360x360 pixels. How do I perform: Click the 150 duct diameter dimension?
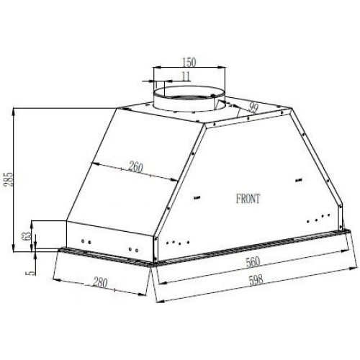[189, 62]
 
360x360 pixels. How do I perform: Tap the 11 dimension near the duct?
[186, 76]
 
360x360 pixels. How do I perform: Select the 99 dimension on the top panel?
[253, 108]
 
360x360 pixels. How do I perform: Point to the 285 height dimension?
[9, 179]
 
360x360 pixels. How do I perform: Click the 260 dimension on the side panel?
[136, 167]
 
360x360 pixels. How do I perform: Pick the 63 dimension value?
[27, 235]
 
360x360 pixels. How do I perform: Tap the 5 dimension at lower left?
[32, 273]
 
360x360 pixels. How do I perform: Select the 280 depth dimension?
[100, 282]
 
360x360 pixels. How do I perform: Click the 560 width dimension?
[253, 262]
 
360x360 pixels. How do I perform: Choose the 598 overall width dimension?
[256, 280]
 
